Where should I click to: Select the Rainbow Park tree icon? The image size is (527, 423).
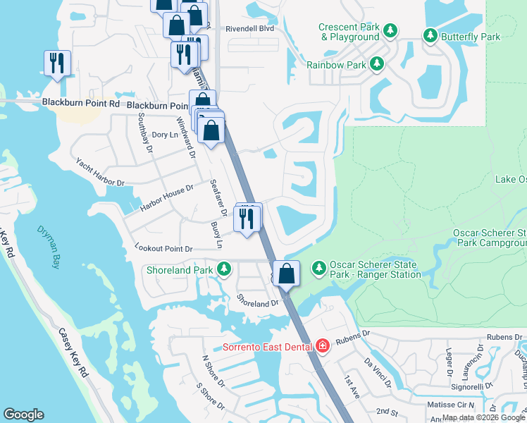[x=377, y=64]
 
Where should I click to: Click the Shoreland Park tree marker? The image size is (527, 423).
[x=224, y=269]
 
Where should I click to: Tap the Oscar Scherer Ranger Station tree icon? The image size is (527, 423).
[x=319, y=268]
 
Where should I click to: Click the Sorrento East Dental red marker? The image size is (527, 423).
[x=323, y=345]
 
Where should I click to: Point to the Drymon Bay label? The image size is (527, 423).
[x=48, y=247]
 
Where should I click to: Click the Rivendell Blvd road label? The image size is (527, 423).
[x=249, y=29]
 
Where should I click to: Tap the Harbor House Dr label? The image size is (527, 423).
[x=166, y=198]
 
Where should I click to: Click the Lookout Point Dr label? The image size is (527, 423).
[x=163, y=249]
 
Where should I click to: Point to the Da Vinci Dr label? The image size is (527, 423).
[x=377, y=373]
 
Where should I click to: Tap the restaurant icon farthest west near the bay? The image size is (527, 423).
[x=56, y=63]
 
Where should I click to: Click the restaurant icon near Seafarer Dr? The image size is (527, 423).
[x=247, y=218]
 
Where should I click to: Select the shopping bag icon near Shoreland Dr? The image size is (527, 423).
[x=287, y=273]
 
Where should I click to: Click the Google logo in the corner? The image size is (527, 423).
[x=23, y=415]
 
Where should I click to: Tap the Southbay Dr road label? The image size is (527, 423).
[x=145, y=132]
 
